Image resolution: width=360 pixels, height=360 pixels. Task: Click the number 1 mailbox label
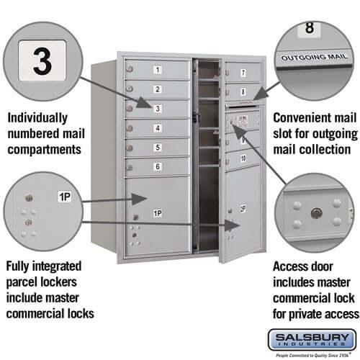point(158,70)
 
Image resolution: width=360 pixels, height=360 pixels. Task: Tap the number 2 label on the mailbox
point(158,89)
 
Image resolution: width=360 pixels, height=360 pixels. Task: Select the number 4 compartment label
point(158,128)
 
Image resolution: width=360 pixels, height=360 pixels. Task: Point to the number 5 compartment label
point(158,148)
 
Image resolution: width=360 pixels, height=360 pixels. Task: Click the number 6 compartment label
point(158,167)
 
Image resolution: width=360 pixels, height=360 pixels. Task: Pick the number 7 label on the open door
point(243,73)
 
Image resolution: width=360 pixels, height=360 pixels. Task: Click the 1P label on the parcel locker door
point(157,214)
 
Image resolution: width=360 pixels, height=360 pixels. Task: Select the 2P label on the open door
point(242,209)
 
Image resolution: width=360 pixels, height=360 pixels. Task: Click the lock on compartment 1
point(130,69)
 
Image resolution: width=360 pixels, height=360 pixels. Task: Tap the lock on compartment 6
point(130,167)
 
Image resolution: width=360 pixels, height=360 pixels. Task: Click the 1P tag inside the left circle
point(64,196)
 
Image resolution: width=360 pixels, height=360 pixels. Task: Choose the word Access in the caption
point(292,266)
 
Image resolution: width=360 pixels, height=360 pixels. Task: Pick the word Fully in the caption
point(20,266)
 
